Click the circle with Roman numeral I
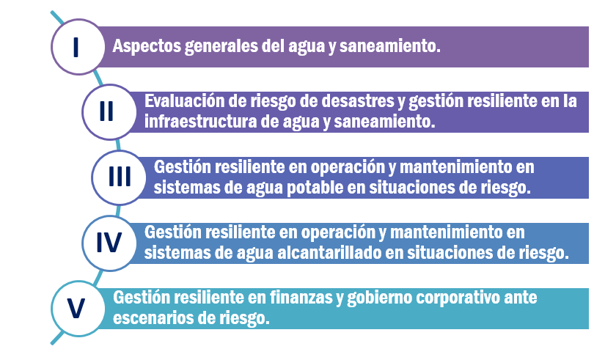click(78, 47)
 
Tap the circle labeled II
click(109, 112)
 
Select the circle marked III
click(119, 177)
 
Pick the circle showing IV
click(109, 243)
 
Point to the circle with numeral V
click(78, 309)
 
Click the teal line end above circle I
click(52, 12)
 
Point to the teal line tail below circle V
click(53, 342)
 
